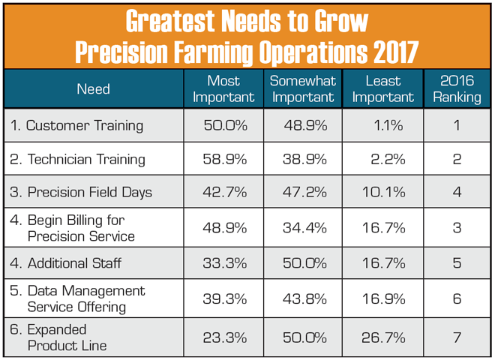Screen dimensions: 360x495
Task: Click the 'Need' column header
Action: [x=93, y=89]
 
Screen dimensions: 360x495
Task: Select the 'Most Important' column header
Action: [x=223, y=88]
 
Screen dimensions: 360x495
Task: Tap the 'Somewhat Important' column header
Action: [x=302, y=88]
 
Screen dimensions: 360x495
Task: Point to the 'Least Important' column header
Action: [x=382, y=88]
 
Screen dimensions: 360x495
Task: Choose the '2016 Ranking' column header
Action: [x=456, y=88]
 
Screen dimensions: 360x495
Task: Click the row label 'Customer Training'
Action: [x=84, y=125]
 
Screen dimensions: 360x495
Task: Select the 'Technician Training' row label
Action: [x=85, y=159]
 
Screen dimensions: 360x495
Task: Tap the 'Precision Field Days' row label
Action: [x=89, y=192]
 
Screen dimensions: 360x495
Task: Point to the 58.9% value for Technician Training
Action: [x=226, y=159]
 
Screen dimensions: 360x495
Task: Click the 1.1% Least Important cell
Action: [x=388, y=125]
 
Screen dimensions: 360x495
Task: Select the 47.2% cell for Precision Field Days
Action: [x=305, y=192]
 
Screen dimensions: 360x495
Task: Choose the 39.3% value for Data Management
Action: [x=226, y=298]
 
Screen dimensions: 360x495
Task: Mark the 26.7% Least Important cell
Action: [x=384, y=337]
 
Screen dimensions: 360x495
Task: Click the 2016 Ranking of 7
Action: [x=456, y=337]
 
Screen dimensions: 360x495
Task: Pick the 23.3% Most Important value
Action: [x=226, y=337]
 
